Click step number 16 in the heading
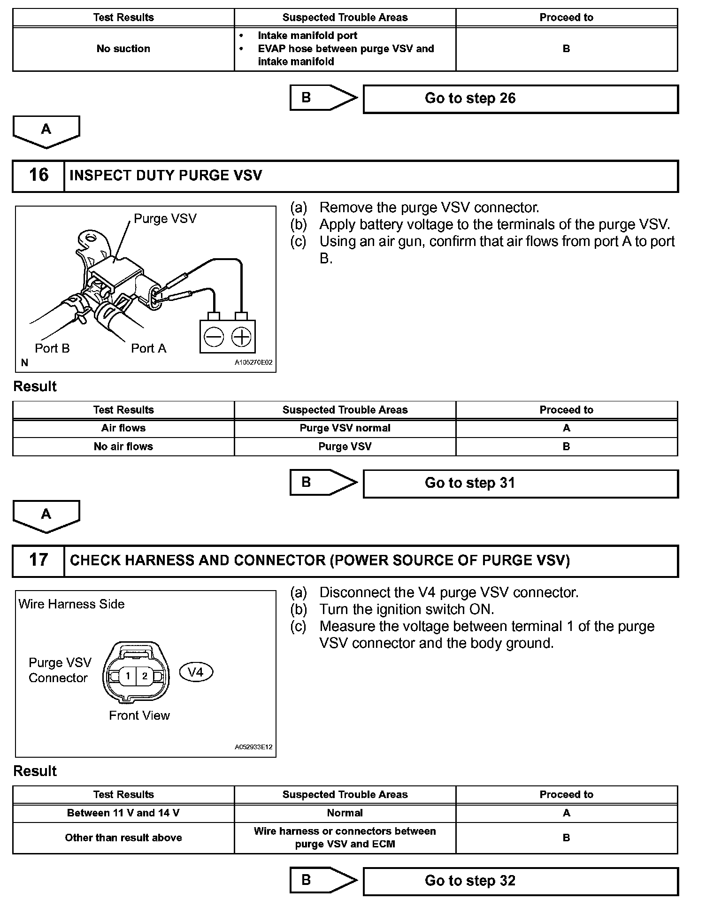click(38, 176)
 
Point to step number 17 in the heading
click(38, 560)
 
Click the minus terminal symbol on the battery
click(214, 337)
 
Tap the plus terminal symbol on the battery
click(241, 337)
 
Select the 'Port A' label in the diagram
click(148, 348)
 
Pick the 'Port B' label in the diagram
click(52, 348)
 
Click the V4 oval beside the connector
click(196, 672)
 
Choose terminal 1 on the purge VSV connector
click(127, 676)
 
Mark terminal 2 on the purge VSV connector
click(145, 676)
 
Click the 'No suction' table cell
click(123, 49)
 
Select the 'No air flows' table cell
click(123, 446)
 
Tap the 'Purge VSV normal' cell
click(345, 428)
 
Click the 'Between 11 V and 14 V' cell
click(123, 813)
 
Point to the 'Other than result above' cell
click(123, 838)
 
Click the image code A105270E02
click(253, 362)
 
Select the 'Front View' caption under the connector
click(139, 715)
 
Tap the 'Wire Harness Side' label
click(71, 604)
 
